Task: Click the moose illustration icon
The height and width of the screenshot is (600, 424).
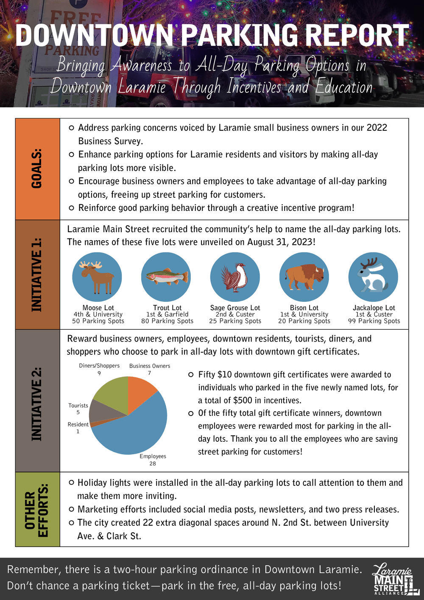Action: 97,277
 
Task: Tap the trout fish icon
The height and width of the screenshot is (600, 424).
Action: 166,277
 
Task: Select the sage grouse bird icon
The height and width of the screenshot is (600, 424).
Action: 235,277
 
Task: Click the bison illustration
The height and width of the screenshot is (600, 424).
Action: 304,277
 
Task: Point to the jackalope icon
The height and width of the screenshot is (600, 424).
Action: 373,277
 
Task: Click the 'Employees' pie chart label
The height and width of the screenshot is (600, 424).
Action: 153,456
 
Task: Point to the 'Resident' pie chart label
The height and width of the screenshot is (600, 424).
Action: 78,424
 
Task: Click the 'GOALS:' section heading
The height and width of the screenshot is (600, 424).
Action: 37,168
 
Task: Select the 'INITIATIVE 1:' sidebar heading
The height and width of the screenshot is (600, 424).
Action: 37,275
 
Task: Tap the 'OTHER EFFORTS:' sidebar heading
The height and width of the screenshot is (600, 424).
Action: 37,509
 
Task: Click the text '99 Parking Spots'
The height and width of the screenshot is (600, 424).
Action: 374,321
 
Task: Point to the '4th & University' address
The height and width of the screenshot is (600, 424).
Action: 98,314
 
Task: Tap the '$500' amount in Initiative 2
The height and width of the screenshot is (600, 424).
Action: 243,400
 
